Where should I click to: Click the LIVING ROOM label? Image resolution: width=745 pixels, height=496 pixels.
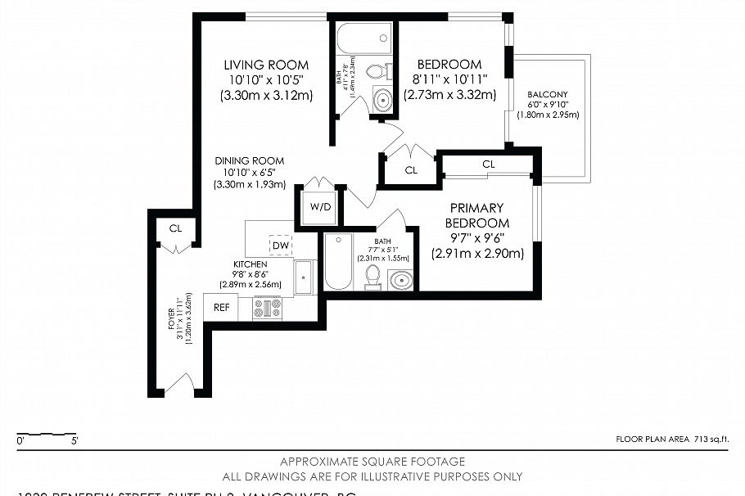click(x=266, y=65)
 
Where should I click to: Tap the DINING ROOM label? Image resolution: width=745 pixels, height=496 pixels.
click(x=250, y=161)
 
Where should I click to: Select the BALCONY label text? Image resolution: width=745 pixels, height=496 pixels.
click(x=548, y=94)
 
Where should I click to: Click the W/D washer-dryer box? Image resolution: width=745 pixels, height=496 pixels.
click(x=320, y=207)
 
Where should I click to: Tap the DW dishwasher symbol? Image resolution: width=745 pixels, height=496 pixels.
click(x=281, y=245)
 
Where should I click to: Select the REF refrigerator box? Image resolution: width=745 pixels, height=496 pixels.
click(x=221, y=307)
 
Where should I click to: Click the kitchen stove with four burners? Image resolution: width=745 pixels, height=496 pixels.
click(x=267, y=308)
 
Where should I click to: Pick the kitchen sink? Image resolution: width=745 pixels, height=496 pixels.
click(x=305, y=277)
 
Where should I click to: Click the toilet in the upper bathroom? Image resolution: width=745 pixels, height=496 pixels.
click(x=377, y=71)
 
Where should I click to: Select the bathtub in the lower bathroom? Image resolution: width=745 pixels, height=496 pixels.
click(x=338, y=262)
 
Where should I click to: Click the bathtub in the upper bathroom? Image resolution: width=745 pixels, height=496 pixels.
click(x=363, y=38)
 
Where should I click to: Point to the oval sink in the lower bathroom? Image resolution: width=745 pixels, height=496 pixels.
click(x=400, y=280)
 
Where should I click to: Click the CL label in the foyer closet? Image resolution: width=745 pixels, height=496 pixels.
click(x=175, y=228)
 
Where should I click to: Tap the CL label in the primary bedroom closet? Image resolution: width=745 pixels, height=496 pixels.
click(x=489, y=164)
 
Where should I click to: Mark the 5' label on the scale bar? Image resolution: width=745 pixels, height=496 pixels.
click(x=74, y=442)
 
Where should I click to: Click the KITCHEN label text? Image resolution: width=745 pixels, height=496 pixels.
click(x=250, y=264)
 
